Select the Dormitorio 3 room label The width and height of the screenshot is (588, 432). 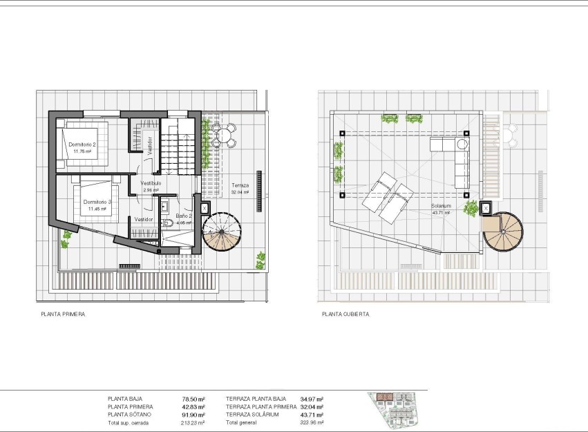click(96, 203)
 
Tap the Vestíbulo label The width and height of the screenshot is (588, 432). click(151, 183)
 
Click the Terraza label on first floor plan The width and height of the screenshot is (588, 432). click(240, 186)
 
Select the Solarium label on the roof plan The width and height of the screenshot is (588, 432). click(441, 206)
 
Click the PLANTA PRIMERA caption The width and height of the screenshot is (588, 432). click(63, 314)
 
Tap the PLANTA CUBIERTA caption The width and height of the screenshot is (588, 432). click(345, 314)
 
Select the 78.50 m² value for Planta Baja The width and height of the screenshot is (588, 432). click(193, 399)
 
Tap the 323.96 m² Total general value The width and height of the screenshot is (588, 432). click(312, 422)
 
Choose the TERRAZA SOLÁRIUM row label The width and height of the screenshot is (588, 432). click(252, 415)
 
